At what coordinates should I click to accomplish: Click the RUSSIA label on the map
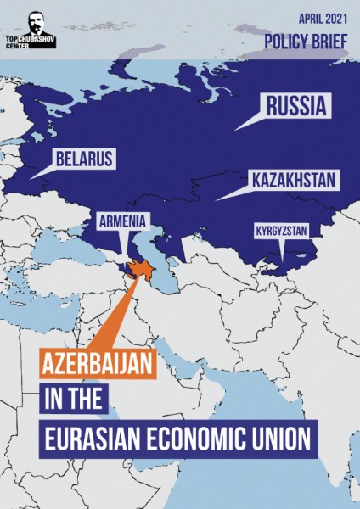tap(296, 108)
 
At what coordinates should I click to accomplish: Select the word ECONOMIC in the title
tap(198, 439)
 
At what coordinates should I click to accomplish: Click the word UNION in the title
tap(281, 439)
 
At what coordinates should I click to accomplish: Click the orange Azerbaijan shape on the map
tap(140, 271)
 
